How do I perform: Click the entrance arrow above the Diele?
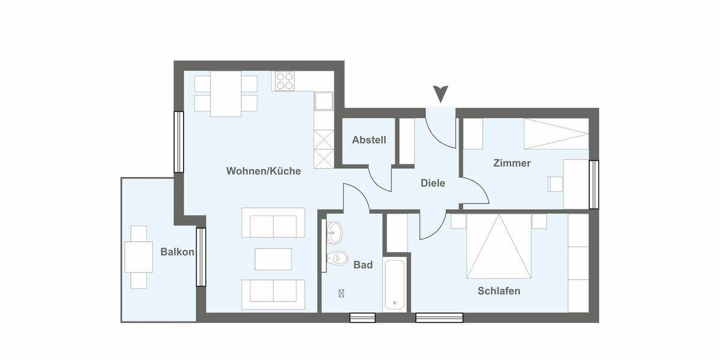pos(441,94)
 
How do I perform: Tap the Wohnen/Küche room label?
pos(263,171)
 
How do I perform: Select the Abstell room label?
pos(369,140)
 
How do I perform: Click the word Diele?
pos(433,183)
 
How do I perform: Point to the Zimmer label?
pos(512,163)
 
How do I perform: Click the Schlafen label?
pos(499,291)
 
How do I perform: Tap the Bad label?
pos(363,265)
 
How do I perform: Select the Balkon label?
pos(177,252)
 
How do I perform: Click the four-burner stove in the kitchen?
pos(284,82)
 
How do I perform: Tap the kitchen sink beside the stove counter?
pos(324,101)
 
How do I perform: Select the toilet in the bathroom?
pos(338,259)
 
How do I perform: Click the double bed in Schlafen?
pos(499,247)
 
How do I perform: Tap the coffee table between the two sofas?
pos(273,259)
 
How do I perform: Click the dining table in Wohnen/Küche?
pos(226,94)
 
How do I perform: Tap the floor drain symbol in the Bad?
pos(341,293)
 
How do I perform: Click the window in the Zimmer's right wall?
pos(594,184)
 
